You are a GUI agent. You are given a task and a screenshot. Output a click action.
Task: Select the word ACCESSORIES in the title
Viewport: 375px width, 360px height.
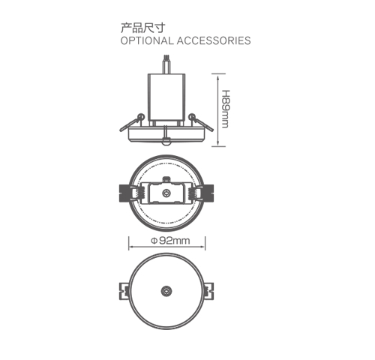pos(213,40)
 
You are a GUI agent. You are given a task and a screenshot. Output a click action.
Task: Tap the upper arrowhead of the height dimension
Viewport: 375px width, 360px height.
pos(216,74)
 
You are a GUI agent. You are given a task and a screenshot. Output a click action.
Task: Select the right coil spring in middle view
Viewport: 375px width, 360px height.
pos(195,193)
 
